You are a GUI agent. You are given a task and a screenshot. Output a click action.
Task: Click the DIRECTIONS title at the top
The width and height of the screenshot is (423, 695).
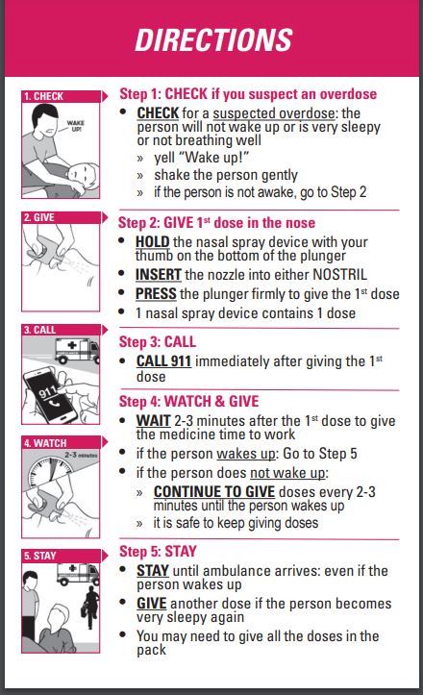pos(212,39)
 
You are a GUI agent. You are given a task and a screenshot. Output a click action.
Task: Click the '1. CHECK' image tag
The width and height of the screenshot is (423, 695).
pos(45,96)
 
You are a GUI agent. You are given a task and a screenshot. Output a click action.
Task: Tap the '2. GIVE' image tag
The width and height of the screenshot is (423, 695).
pos(40,218)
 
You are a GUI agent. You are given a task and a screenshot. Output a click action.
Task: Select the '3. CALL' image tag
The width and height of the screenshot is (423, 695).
pos(41,330)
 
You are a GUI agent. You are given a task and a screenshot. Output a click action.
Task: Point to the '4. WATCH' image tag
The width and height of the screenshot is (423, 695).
pos(46,443)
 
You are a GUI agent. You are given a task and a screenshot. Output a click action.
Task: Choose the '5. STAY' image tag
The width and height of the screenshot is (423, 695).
pos(41,556)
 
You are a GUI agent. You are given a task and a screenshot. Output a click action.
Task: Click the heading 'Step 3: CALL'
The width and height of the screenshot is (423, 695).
pos(157,341)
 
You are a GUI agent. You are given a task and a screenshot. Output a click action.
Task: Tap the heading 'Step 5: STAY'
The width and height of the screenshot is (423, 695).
pos(157,551)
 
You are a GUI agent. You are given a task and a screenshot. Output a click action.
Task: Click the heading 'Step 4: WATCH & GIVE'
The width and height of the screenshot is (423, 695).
pos(188,401)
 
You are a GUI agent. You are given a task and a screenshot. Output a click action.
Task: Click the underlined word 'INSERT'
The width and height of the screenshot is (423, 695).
pos(158,276)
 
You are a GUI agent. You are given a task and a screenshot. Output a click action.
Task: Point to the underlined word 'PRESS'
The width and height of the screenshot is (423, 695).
pos(156,294)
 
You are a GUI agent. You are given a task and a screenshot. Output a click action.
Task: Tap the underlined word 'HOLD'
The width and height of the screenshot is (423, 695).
pos(153,241)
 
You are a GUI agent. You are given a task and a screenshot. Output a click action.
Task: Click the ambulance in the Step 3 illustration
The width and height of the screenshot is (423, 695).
pos(77,350)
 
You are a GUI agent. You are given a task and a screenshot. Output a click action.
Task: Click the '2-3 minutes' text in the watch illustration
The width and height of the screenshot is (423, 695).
pos(80,456)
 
